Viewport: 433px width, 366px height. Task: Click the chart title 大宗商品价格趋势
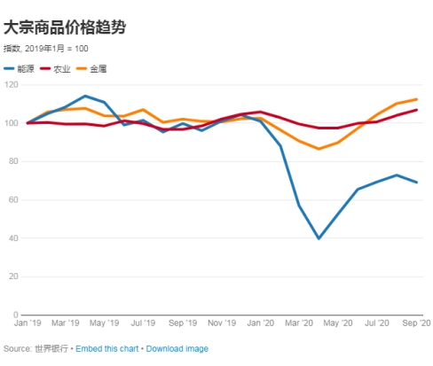click(65, 27)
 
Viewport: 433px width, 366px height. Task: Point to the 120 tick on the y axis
click(11, 84)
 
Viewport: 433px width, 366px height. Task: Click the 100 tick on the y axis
click(11, 122)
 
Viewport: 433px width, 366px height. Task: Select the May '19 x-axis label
click(106, 324)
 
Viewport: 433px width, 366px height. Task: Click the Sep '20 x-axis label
click(414, 324)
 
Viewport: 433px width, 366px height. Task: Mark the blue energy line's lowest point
click(319, 238)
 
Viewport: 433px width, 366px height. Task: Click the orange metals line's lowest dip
click(319, 149)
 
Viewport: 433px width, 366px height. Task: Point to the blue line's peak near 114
click(85, 96)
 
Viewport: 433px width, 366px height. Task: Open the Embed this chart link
click(106, 349)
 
